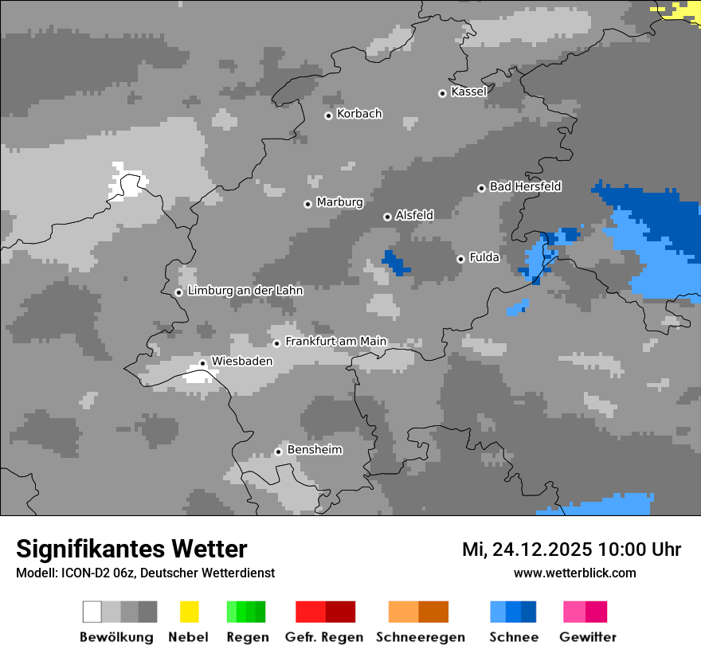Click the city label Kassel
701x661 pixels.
[x=468, y=92]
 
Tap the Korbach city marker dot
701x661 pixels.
[x=328, y=115]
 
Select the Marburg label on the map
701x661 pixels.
[x=339, y=202]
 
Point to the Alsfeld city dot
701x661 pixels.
[x=387, y=217]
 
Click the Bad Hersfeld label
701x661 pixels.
[x=525, y=186]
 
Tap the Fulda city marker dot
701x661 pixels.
[x=460, y=259]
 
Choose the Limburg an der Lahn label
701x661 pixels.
[x=245, y=291]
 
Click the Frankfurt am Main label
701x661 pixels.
[x=335, y=342]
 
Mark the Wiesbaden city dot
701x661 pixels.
[x=203, y=363]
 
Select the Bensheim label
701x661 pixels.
[x=314, y=450]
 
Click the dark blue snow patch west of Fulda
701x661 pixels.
[x=394, y=262]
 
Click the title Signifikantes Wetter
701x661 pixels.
[x=131, y=549]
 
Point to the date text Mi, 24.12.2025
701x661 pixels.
[x=526, y=550]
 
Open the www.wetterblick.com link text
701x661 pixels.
[x=574, y=573]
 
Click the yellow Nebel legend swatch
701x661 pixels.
[x=189, y=612]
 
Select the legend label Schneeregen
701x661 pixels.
[x=420, y=637]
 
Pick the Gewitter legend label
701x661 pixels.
[x=587, y=637]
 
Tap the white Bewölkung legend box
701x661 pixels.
[x=92, y=612]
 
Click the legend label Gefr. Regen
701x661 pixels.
[x=323, y=637]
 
